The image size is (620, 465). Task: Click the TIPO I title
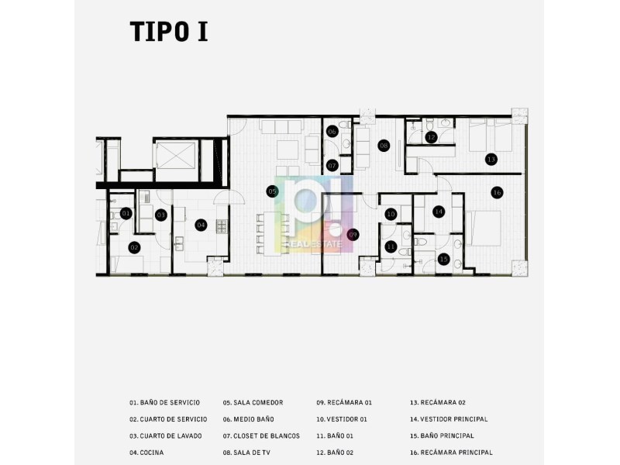pos(169,32)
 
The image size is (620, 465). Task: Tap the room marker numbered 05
pos(273,191)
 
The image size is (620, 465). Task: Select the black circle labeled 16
pos(497,192)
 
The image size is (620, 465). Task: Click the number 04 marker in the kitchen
pos(201,226)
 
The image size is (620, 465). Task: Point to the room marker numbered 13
pos(491,160)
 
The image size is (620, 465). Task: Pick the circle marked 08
pos(384,146)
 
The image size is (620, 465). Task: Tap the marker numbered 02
pos(134,248)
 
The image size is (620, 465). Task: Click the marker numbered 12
pos(431,137)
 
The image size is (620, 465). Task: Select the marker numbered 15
pos(443,260)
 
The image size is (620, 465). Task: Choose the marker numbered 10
pos(391,215)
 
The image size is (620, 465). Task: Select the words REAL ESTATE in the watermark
pos(313,244)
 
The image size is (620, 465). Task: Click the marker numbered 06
pos(332,132)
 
